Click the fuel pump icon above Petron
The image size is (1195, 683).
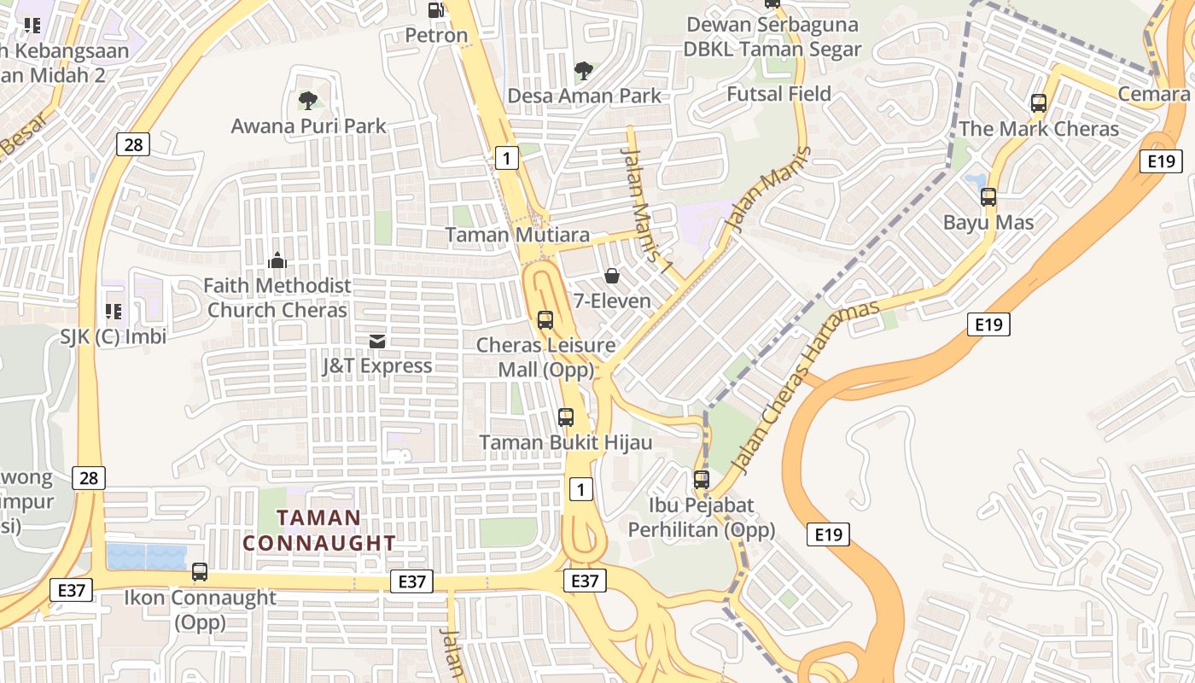click(x=435, y=10)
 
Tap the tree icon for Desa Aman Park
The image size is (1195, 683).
click(x=584, y=70)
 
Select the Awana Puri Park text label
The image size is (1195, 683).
click(x=309, y=126)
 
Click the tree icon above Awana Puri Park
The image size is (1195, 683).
click(x=308, y=101)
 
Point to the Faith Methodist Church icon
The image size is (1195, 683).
click(x=277, y=260)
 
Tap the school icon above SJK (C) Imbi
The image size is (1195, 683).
click(x=113, y=312)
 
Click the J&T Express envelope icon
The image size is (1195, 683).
click(x=376, y=341)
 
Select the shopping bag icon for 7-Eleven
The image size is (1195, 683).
click(x=612, y=276)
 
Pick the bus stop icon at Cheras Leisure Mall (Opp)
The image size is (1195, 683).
click(x=545, y=320)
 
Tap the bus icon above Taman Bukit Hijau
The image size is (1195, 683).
click(x=565, y=417)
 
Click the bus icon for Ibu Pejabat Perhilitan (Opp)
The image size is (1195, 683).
click(x=702, y=480)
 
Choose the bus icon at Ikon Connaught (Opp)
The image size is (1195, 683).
click(x=200, y=572)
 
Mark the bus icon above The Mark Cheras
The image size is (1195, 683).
click(x=1039, y=103)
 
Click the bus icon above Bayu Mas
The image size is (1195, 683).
click(x=988, y=197)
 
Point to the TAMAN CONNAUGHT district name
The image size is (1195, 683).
click(x=319, y=530)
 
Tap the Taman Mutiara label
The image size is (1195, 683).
click(x=517, y=235)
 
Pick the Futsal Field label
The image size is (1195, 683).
click(x=778, y=94)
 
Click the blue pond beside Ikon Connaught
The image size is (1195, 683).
click(x=146, y=557)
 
